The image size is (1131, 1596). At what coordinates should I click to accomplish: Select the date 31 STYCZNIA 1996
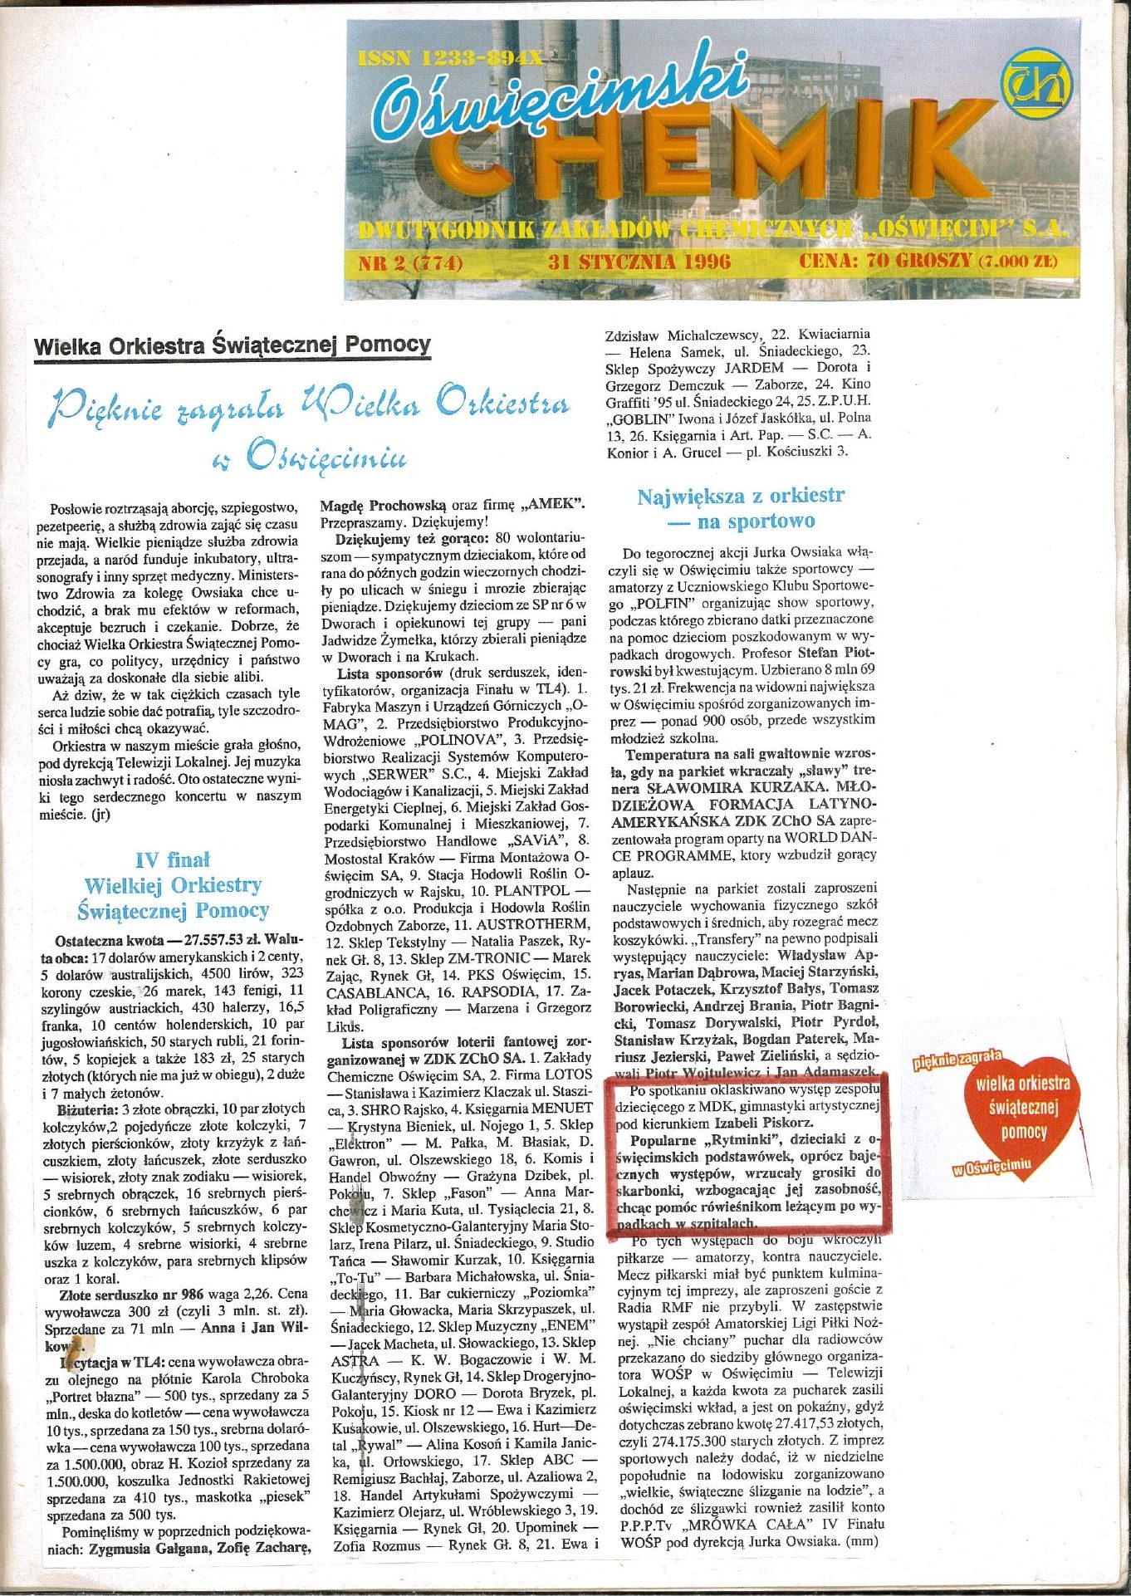click(x=639, y=262)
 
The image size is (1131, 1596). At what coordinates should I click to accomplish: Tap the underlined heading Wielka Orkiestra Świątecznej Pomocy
click(x=233, y=345)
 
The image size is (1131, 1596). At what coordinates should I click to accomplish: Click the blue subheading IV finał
click(x=173, y=859)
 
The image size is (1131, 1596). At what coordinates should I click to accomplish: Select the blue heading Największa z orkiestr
click(x=741, y=497)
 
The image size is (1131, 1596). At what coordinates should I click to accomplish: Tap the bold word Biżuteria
click(x=87, y=1109)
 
